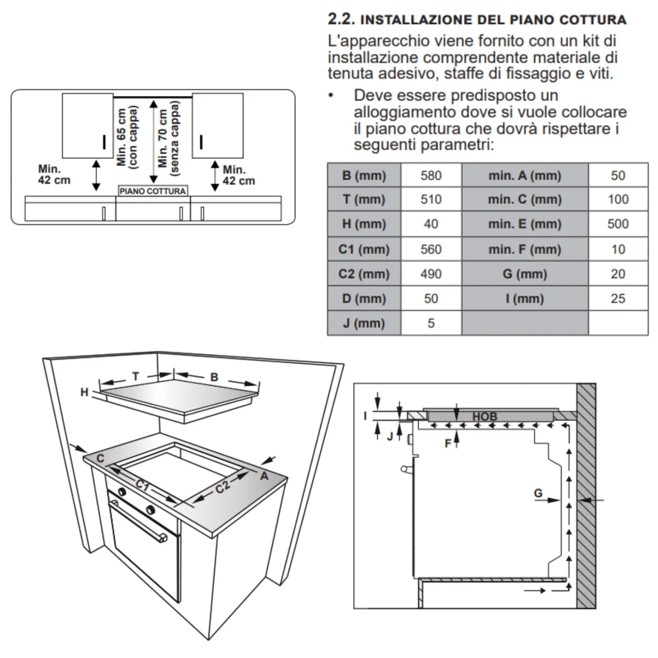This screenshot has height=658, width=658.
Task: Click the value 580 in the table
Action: (431, 176)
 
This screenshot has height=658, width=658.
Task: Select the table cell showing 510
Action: (431, 199)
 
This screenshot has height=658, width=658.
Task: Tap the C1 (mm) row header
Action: (364, 249)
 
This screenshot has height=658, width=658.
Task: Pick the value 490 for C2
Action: (431, 274)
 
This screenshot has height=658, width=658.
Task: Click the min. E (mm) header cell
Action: (524, 224)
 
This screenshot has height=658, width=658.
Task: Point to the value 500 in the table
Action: (618, 224)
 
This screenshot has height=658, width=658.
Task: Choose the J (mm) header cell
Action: (364, 323)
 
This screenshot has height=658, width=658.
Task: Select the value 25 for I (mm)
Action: (618, 299)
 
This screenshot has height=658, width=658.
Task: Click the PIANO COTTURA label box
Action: (153, 191)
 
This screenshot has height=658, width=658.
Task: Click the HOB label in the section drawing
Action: (484, 417)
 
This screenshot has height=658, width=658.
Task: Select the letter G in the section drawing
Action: (538, 493)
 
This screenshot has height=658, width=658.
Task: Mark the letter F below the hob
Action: (448, 443)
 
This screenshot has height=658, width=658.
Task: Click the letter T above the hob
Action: (136, 376)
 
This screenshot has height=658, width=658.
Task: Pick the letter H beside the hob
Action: (84, 392)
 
